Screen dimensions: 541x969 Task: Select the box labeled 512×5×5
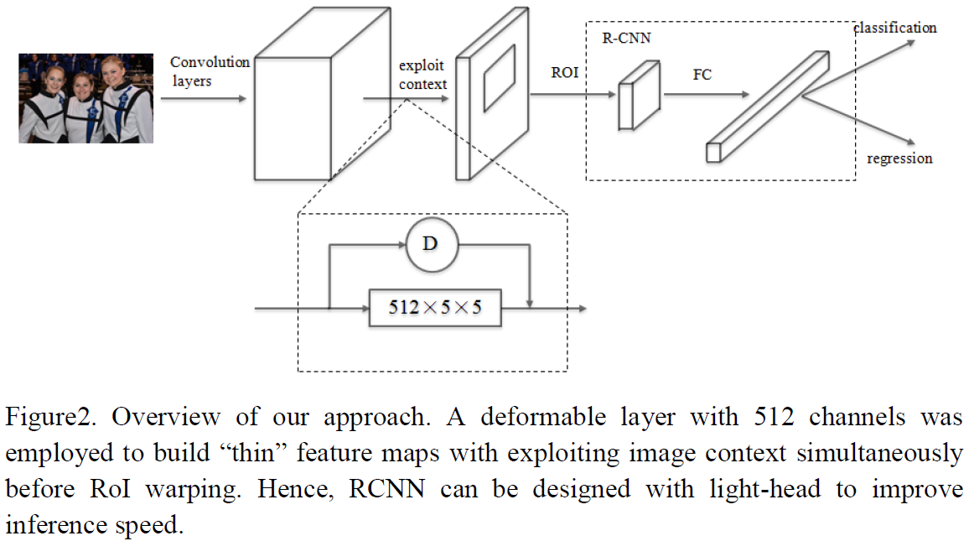click(x=435, y=307)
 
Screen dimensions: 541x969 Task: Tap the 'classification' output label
click(x=894, y=28)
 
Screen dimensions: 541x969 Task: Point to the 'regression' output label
click(x=899, y=159)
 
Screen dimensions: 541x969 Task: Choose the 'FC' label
click(x=702, y=75)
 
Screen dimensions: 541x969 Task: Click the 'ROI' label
click(x=564, y=73)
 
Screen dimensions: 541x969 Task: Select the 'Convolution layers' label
click(x=210, y=71)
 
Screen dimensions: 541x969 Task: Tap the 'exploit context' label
click(x=422, y=74)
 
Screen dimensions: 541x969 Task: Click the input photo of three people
click(x=86, y=98)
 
